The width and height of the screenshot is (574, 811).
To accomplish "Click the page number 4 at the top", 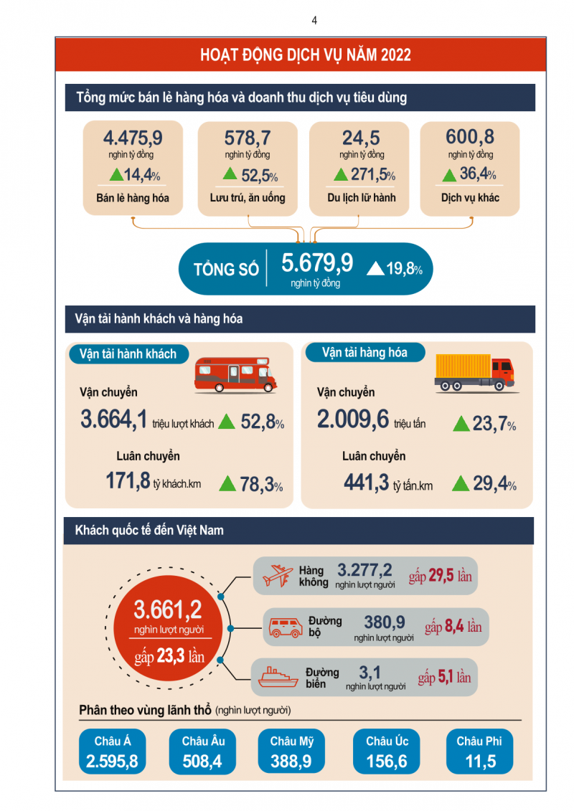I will (314, 20).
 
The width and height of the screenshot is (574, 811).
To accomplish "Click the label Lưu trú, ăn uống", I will (248, 197).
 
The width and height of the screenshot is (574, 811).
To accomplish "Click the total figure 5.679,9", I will (317, 263).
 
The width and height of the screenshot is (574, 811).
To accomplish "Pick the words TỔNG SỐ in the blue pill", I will (226, 270).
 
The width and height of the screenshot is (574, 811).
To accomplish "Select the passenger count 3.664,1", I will (114, 420).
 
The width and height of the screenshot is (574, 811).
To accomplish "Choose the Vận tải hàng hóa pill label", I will (364, 353).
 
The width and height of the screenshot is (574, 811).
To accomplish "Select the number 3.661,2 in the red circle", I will (168, 610).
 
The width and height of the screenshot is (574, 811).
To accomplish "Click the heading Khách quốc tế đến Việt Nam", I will (149, 531).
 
